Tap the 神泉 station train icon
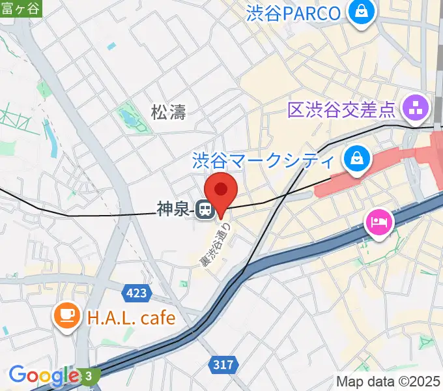click(x=204, y=209)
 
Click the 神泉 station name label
click(x=172, y=209)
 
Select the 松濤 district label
click(x=168, y=112)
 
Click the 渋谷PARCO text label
click(x=293, y=13)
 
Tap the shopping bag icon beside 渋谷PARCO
click(x=359, y=11)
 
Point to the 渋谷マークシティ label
click(x=263, y=160)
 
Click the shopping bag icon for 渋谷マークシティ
click(x=358, y=158)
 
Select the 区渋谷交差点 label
click(x=341, y=108)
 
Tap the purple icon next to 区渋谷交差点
click(x=416, y=107)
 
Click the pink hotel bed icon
click(x=379, y=223)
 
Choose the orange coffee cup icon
click(x=67, y=317)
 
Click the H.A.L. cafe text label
click(x=131, y=318)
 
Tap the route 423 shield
click(x=136, y=293)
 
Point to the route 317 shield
click(x=223, y=365)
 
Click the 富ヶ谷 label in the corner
click(x=20, y=7)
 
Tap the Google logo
click(x=44, y=375)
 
